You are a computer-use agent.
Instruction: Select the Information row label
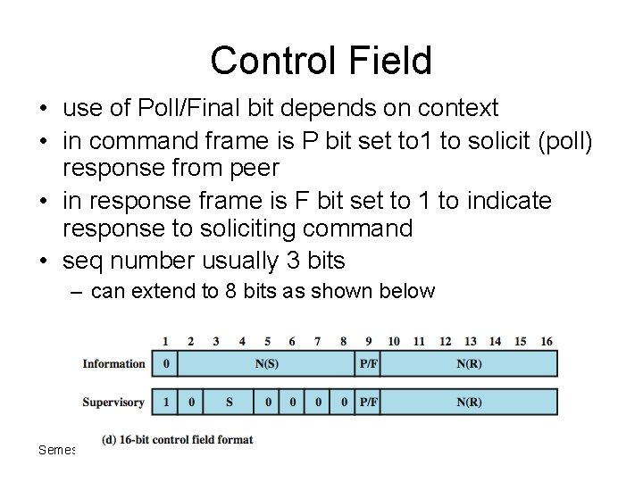[113, 363]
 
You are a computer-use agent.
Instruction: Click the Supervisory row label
[113, 403]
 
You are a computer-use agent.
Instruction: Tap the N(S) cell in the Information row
[266, 363]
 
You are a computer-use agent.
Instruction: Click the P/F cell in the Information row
[368, 363]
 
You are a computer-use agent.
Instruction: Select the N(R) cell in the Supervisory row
[469, 403]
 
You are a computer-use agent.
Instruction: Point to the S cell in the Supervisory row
[229, 403]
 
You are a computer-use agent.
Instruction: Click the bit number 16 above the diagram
[547, 341]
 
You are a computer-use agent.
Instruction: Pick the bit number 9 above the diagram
[368, 341]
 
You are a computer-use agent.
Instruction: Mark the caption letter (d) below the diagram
[110, 439]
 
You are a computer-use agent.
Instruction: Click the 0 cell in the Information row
[165, 363]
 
